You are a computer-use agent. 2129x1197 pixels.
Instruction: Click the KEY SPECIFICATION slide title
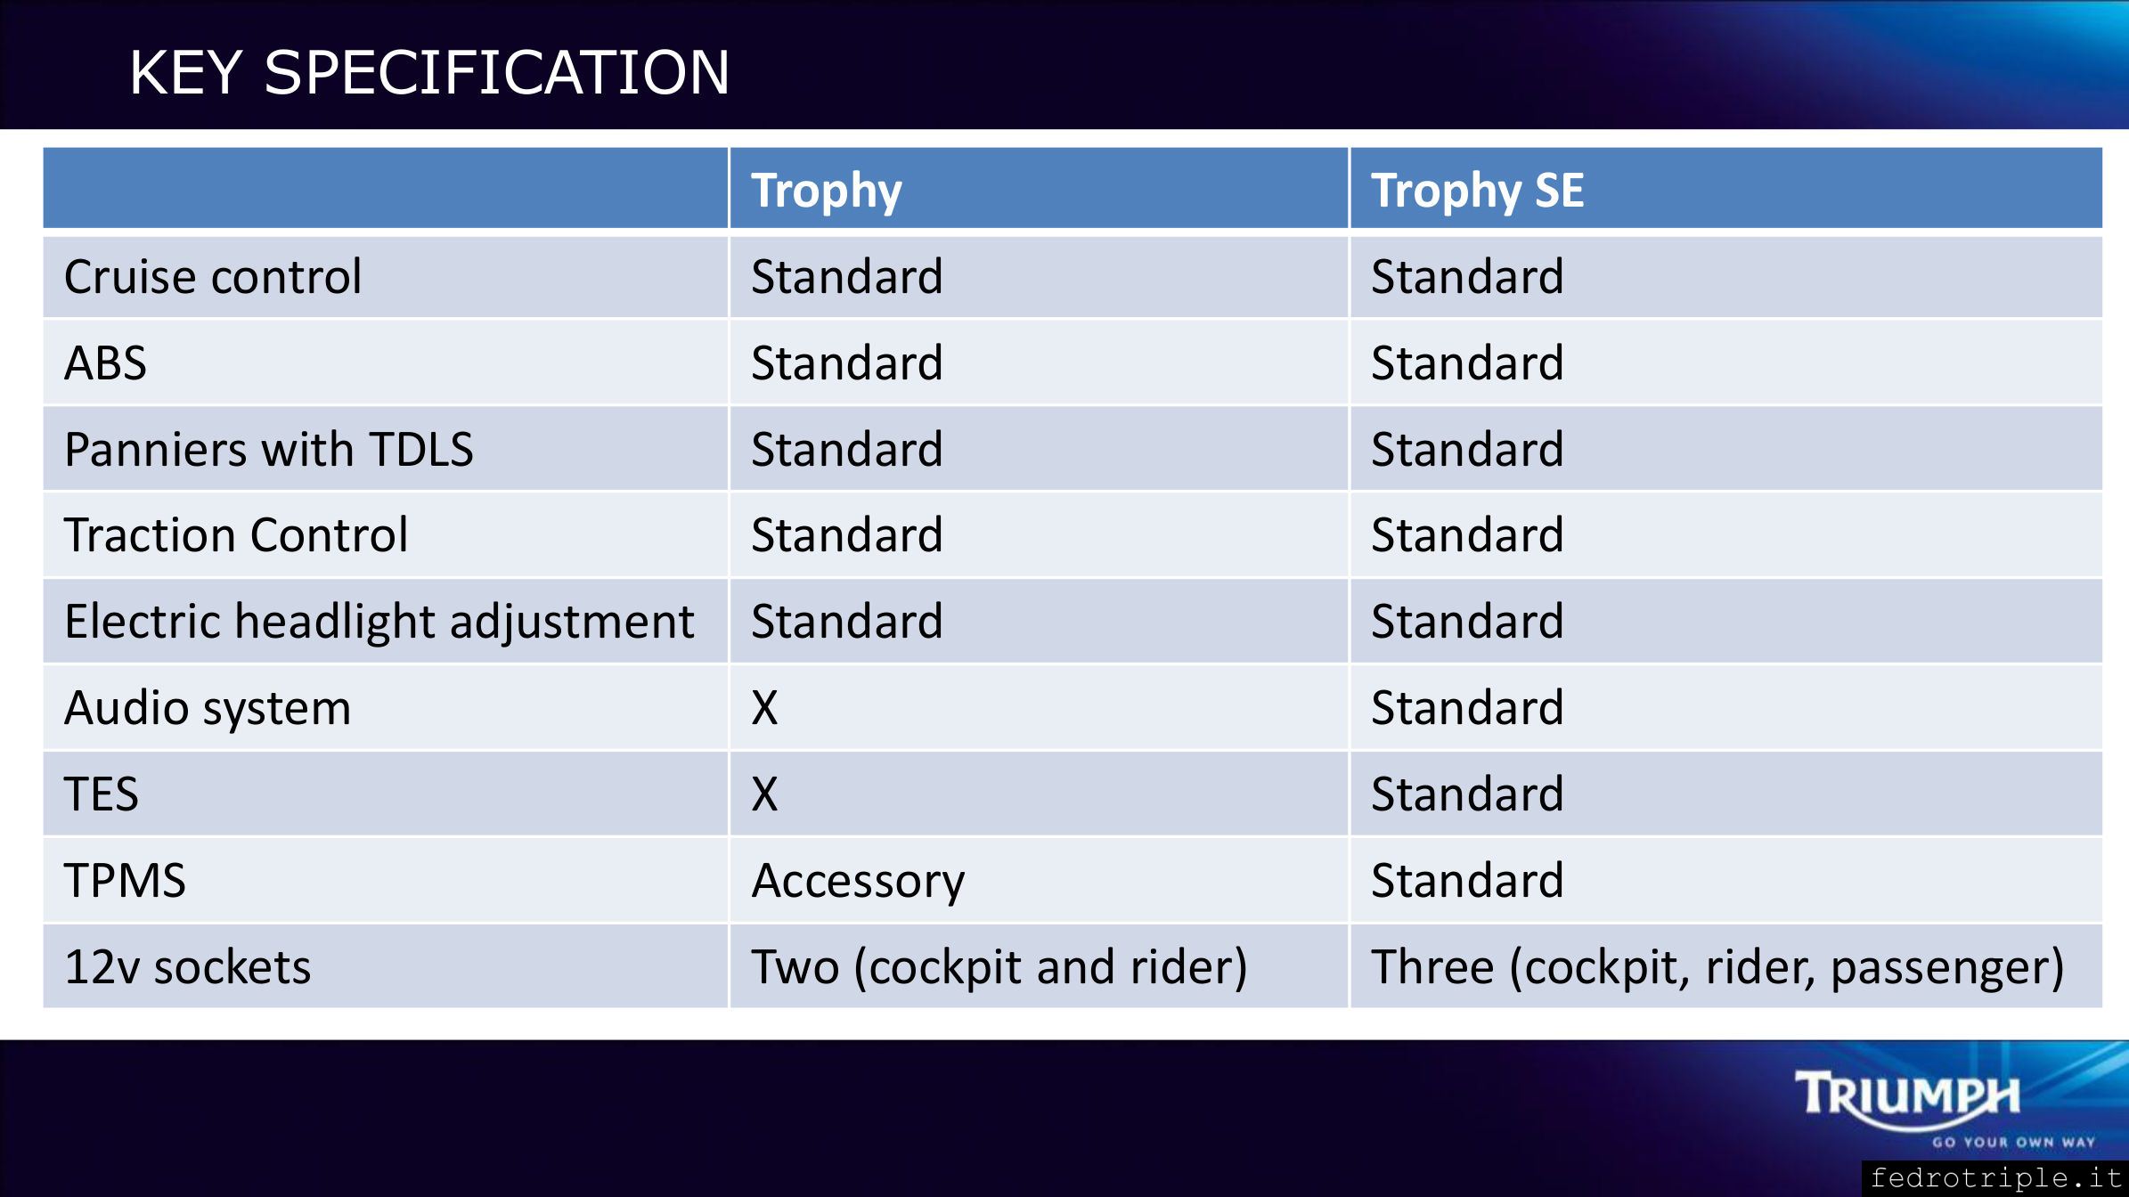coord(429,72)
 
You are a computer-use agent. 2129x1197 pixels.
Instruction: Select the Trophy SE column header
coord(1477,191)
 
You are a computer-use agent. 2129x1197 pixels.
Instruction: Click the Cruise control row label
coord(213,276)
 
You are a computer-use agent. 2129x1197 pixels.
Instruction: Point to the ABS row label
coord(105,363)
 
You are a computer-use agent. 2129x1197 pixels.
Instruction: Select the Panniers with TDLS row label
coord(268,449)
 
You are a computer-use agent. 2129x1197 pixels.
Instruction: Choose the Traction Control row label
coord(236,535)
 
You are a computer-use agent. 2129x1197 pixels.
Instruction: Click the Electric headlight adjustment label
coord(379,622)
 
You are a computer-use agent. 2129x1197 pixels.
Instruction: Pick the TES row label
coord(102,794)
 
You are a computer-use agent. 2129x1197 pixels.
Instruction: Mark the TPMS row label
coord(125,881)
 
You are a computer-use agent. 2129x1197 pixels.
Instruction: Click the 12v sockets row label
coord(187,967)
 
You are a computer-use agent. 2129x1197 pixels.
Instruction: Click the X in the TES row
coord(764,794)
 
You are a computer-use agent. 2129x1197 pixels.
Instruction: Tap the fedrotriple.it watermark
coord(1996,1178)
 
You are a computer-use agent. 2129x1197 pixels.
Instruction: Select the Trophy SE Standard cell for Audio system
coord(1467,708)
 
